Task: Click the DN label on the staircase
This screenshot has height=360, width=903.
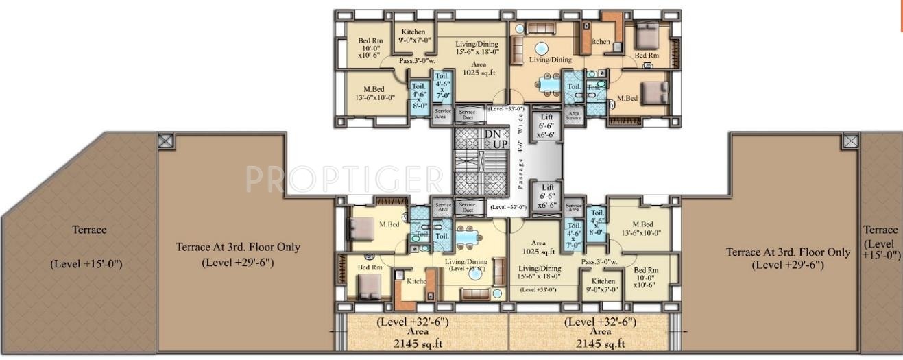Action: click(x=492, y=134)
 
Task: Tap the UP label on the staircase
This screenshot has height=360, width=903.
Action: click(x=501, y=144)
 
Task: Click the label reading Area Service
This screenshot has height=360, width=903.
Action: click(x=573, y=115)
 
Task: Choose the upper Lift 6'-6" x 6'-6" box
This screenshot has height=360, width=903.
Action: click(x=547, y=126)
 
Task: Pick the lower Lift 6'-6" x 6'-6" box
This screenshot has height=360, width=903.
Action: click(x=547, y=195)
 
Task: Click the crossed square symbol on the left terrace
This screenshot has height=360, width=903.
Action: click(x=165, y=141)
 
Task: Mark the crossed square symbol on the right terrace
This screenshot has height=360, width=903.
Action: click(x=850, y=141)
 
